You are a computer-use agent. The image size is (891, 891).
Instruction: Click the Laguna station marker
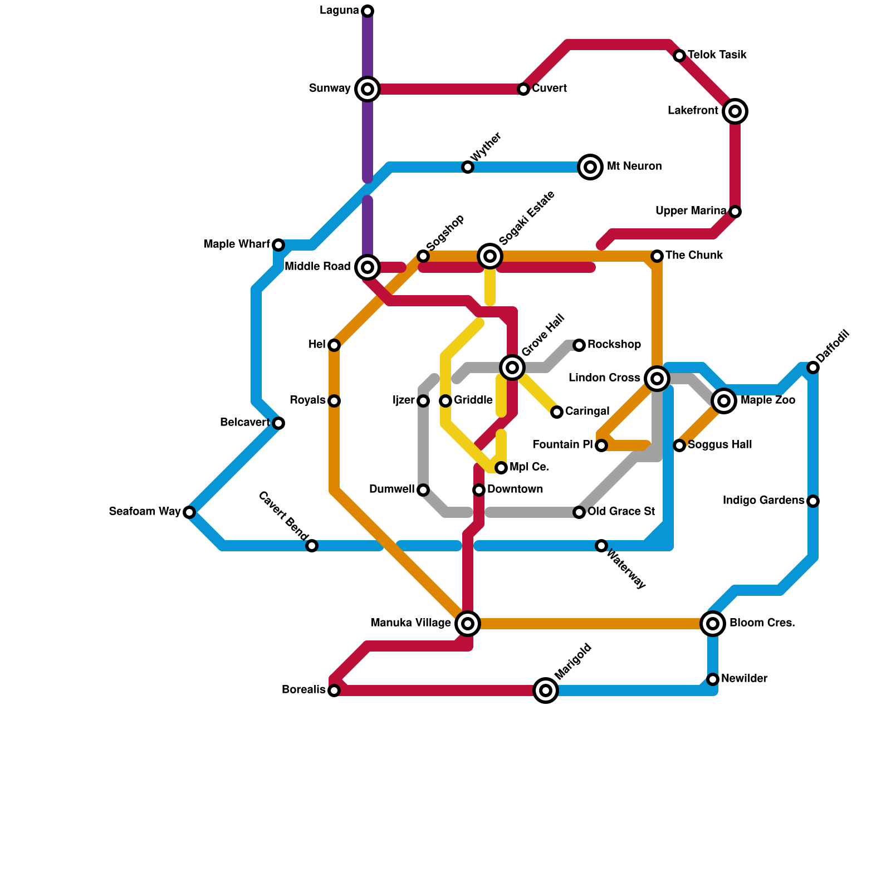pyautogui.click(x=368, y=11)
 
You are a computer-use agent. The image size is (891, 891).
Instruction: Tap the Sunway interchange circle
pyautogui.click(x=368, y=89)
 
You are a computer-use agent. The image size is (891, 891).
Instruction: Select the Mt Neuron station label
pyautogui.click(x=634, y=167)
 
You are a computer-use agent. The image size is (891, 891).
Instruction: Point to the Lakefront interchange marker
pyautogui.click(x=735, y=111)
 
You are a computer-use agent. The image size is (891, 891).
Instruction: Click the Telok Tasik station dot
pyautogui.click(x=679, y=56)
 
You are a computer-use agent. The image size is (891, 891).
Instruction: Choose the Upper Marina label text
pyautogui.click(x=691, y=211)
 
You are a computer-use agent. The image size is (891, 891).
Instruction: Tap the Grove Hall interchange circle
pyautogui.click(x=512, y=367)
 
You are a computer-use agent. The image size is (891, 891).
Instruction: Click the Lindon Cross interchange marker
pyautogui.click(x=657, y=379)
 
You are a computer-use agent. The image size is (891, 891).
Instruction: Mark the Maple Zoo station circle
pyautogui.click(x=724, y=401)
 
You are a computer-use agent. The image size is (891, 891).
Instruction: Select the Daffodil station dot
pyautogui.click(x=813, y=368)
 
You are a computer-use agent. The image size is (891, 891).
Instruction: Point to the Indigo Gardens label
pyautogui.click(x=763, y=501)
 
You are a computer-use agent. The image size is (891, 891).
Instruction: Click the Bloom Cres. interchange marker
pyautogui.click(x=713, y=624)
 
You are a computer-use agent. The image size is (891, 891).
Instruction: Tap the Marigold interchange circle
pyautogui.click(x=546, y=691)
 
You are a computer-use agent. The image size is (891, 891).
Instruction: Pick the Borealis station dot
pyautogui.click(x=334, y=691)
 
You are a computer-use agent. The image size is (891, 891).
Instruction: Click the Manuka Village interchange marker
pyautogui.click(x=468, y=624)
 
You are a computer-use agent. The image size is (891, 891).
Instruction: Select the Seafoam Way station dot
pyautogui.click(x=189, y=512)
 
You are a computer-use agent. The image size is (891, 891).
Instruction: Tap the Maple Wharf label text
pyautogui.click(x=237, y=244)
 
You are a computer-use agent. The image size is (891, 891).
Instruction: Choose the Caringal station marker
pyautogui.click(x=557, y=412)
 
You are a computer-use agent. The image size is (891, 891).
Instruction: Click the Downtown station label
pyautogui.click(x=515, y=489)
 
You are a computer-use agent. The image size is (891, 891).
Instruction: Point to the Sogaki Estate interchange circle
pyautogui.click(x=490, y=256)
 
